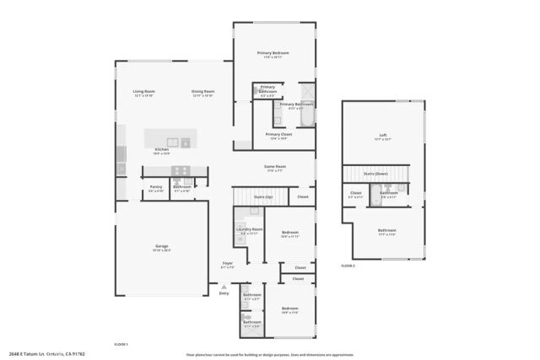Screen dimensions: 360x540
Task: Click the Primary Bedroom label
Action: click(x=273, y=53)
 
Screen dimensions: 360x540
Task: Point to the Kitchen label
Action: click(x=161, y=149)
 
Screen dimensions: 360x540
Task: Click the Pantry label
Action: click(x=156, y=186)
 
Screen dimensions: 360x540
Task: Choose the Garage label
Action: click(x=161, y=246)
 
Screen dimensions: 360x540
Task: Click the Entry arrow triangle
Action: click(x=224, y=286)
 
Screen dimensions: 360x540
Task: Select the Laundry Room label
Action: click(x=250, y=229)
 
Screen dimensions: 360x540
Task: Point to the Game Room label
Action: click(x=275, y=166)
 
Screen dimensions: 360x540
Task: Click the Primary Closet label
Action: click(x=278, y=134)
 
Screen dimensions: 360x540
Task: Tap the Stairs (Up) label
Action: click(x=263, y=197)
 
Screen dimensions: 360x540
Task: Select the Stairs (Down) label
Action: click(x=375, y=174)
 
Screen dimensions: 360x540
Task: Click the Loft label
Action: click(x=382, y=135)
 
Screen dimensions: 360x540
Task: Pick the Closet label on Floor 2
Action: click(x=356, y=193)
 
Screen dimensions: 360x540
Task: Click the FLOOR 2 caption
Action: click(x=348, y=266)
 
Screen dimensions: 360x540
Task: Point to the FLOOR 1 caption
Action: click(x=121, y=345)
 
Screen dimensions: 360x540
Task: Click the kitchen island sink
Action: click(x=173, y=141)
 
